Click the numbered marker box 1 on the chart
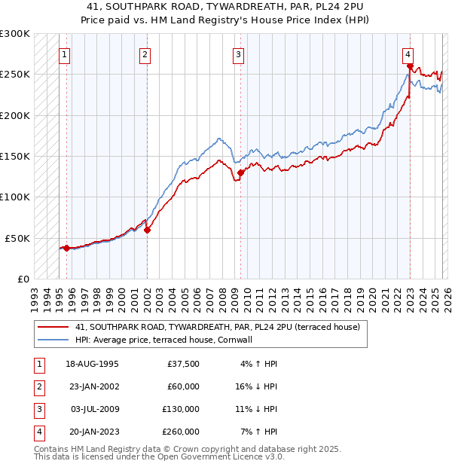[65, 54]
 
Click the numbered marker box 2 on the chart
[145, 54]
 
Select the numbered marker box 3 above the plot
[238, 54]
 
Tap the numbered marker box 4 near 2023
[407, 54]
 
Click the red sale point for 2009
[240, 172]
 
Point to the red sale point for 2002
[147, 230]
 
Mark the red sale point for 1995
[66, 248]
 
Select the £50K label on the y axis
[18, 238]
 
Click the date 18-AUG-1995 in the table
[93, 364]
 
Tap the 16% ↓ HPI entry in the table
[257, 386]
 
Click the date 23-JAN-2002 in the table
[93, 386]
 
